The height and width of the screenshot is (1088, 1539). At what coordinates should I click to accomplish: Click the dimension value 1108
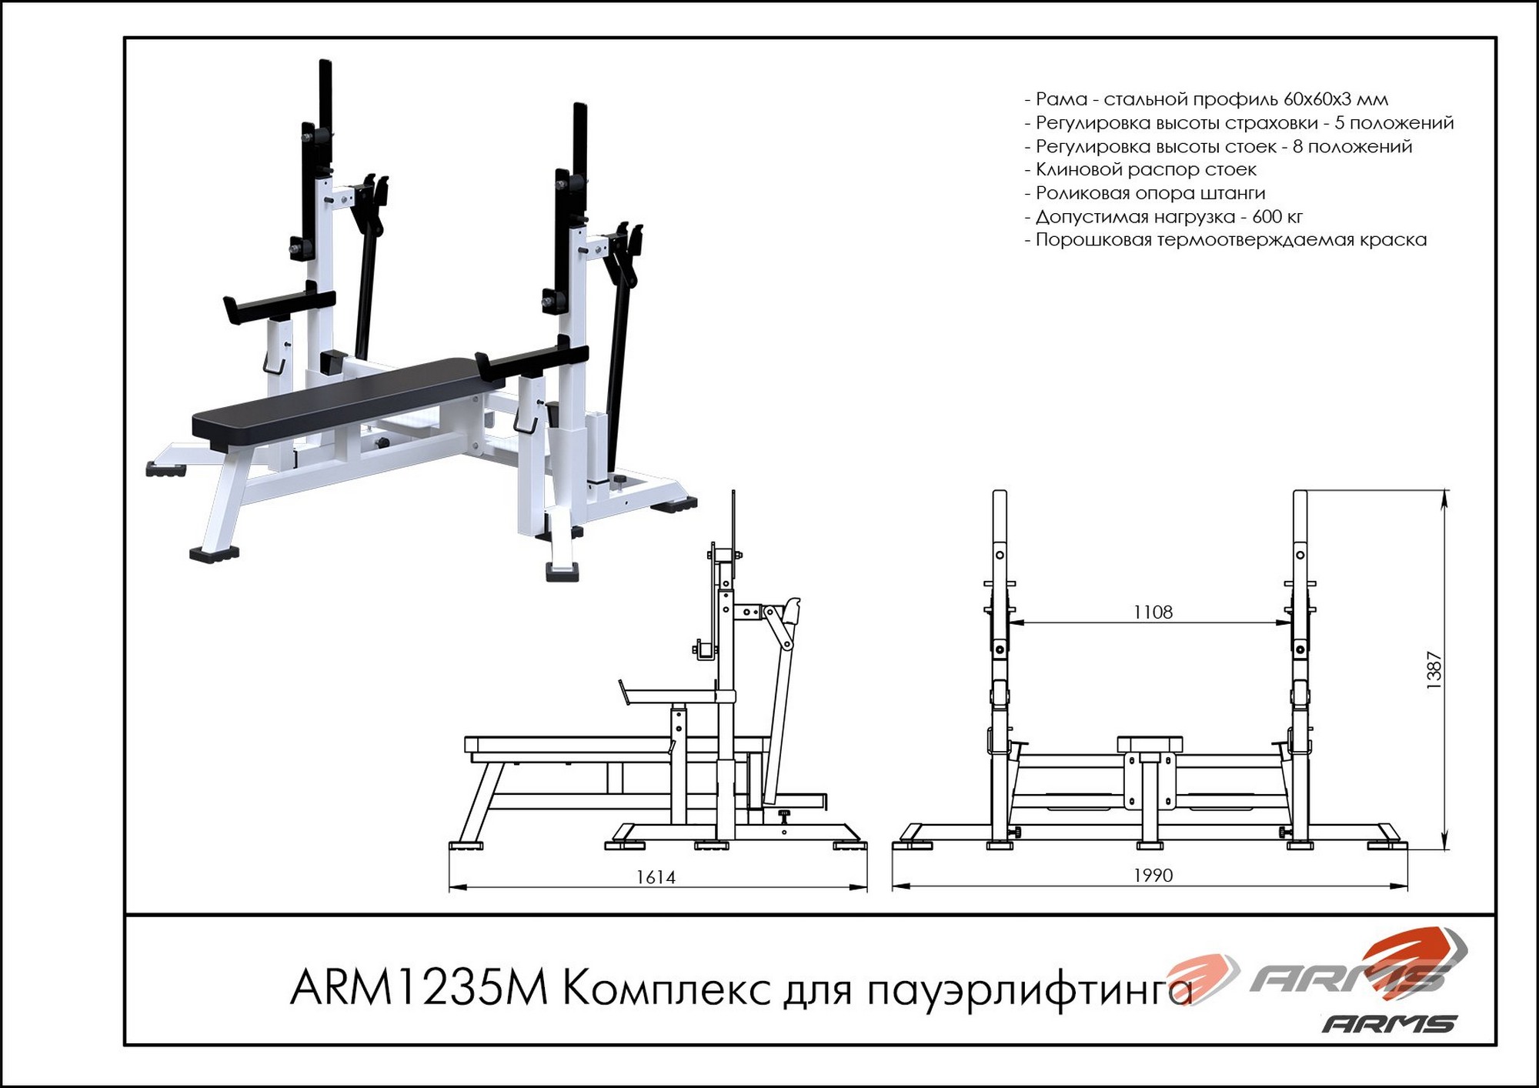tap(1153, 612)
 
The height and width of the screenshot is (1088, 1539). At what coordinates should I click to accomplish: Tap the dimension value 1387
tap(1434, 669)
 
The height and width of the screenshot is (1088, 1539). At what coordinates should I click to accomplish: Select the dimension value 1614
tap(656, 877)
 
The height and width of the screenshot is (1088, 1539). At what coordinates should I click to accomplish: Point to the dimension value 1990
tap(1153, 876)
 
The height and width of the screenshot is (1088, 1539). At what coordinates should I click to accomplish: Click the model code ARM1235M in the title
tap(419, 987)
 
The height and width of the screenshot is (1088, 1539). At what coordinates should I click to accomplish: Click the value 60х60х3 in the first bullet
tap(1317, 99)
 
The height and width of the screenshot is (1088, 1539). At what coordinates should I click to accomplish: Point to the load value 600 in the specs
tap(1267, 217)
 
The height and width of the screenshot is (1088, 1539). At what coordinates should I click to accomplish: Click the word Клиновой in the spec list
tap(1078, 169)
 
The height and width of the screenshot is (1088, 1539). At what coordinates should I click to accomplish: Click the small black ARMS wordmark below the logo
tap(1390, 1023)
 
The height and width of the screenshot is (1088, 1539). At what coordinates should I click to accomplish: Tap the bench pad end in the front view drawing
tap(1150, 743)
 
